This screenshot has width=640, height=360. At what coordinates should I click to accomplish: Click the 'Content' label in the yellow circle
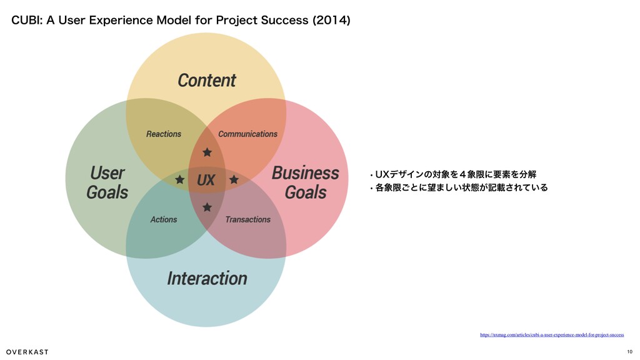(x=206, y=81)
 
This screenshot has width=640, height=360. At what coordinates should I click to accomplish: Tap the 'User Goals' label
(x=107, y=182)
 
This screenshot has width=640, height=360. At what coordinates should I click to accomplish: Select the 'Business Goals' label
(x=305, y=182)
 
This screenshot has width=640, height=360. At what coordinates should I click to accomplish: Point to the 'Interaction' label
(x=207, y=278)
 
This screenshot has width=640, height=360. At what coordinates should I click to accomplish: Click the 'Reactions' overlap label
(x=164, y=134)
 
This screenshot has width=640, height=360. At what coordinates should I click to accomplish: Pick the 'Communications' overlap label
(x=247, y=134)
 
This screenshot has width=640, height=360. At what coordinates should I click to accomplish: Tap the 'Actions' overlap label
(x=164, y=219)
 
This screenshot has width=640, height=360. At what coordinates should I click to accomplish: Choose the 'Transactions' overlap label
(x=247, y=219)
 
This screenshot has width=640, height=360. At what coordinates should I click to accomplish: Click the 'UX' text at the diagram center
(x=206, y=181)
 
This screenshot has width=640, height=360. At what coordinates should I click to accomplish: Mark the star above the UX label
(x=207, y=152)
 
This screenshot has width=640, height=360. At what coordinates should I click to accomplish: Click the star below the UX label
(x=207, y=207)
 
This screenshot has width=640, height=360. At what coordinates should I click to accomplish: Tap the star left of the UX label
(x=180, y=180)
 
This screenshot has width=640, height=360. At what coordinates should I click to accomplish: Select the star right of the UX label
(x=234, y=180)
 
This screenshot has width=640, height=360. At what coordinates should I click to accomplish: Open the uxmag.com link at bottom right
(x=551, y=335)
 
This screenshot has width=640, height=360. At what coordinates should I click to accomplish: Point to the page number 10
(x=629, y=351)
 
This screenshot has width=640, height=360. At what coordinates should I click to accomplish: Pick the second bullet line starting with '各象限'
(x=460, y=187)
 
